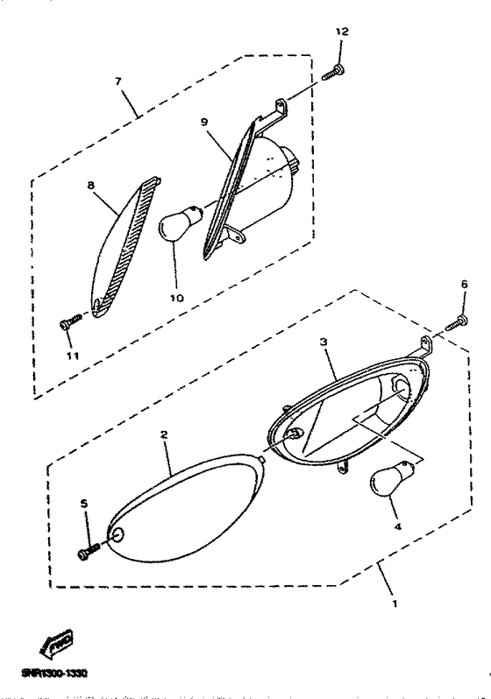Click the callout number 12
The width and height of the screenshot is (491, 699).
pyautogui.click(x=341, y=31)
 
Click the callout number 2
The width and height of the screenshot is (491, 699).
pyautogui.click(x=163, y=434)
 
